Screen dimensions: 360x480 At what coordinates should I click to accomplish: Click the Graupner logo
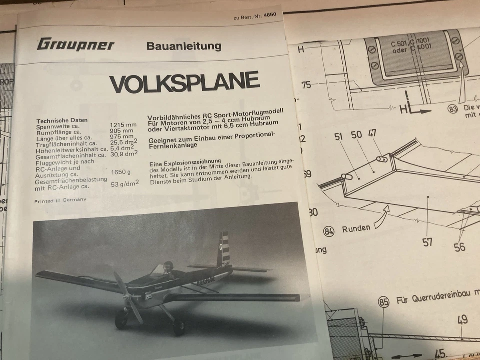click(75, 44)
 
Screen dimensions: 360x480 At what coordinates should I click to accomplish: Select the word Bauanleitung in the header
click(184, 46)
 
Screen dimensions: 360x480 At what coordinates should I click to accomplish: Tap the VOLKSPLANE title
click(184, 83)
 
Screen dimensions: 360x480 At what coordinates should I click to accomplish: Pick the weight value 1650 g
click(120, 172)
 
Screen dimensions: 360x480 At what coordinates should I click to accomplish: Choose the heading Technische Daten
click(62, 120)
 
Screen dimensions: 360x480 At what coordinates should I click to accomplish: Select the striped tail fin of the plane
click(224, 248)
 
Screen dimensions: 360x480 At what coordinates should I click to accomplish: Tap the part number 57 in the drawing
click(427, 242)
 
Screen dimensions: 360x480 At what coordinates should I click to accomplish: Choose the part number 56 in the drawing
click(460, 246)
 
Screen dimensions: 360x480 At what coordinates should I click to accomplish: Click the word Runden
click(356, 229)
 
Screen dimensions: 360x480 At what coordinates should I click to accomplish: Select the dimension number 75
click(306, 85)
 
